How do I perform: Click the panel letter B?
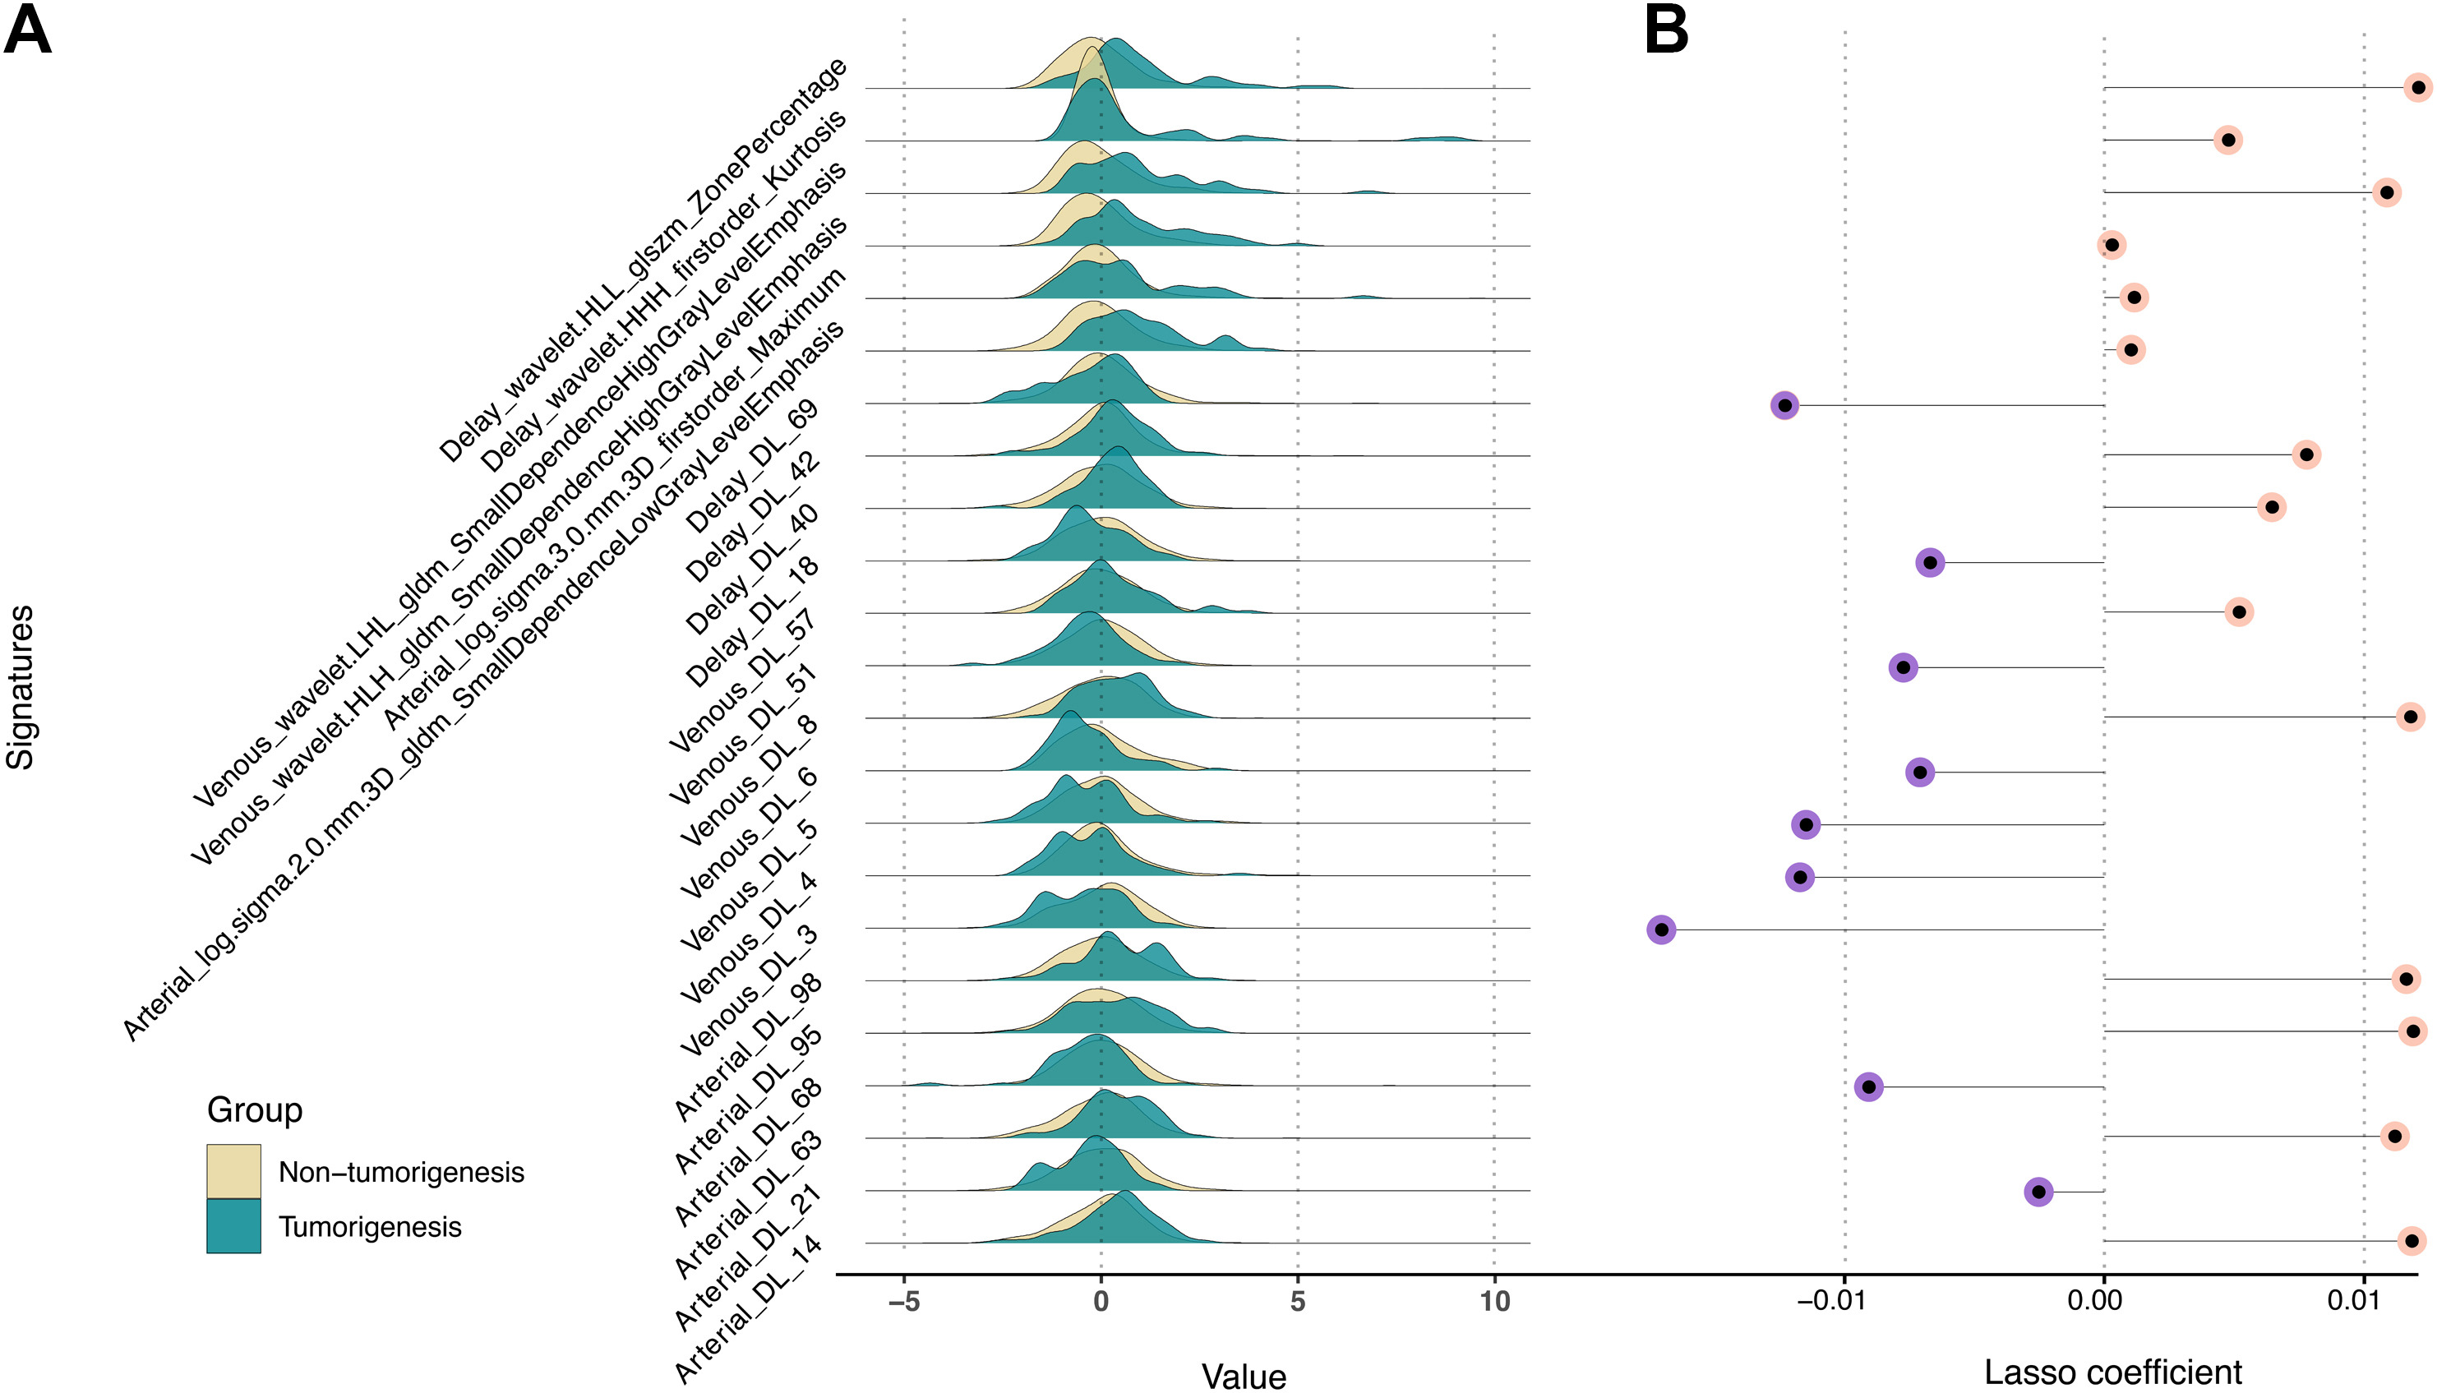tap(1666, 30)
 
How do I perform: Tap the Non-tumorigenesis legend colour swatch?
tap(233, 1171)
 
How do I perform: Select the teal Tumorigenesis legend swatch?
tap(233, 1225)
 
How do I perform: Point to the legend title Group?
tap(255, 1109)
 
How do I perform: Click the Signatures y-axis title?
tap(21, 687)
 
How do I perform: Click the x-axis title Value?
tap(1244, 1376)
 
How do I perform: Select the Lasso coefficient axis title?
tap(2112, 1372)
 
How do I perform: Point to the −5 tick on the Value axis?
tap(903, 1301)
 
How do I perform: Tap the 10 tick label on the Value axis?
tap(1493, 1301)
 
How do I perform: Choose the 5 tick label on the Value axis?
tap(1298, 1301)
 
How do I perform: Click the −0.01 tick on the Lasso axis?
tap(1830, 1301)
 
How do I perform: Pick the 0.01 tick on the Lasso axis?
tap(2353, 1301)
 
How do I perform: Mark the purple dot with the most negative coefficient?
tap(1661, 929)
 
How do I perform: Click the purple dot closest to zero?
tap(2039, 1192)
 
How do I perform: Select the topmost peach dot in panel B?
tap(2418, 88)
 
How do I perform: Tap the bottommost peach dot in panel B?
tap(2412, 1241)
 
